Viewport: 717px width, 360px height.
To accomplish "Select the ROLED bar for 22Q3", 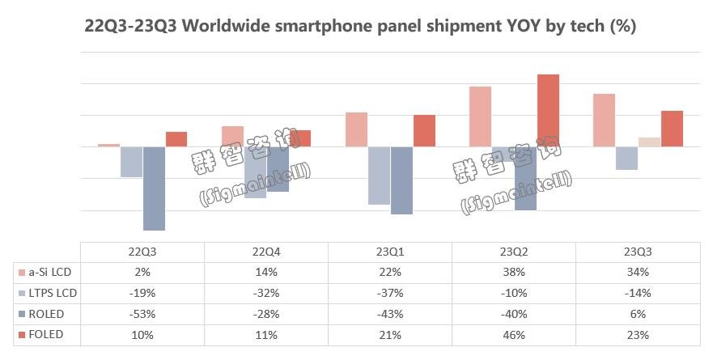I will [x=154, y=188].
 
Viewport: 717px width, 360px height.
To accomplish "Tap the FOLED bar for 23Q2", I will [x=548, y=111].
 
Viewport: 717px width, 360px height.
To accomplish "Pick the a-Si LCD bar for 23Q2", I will [x=480, y=116].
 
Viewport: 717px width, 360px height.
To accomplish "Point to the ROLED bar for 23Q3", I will [x=649, y=142].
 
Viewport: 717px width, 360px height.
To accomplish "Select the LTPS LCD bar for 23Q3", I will [x=626, y=159].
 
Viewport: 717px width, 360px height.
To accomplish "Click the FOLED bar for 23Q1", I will [x=424, y=131].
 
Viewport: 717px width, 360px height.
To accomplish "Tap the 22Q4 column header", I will [x=265, y=251].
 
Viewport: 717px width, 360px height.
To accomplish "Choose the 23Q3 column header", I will [x=637, y=251].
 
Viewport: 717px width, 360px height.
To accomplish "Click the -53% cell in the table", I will [x=142, y=314].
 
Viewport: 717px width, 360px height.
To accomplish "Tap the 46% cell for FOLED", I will [x=513, y=334].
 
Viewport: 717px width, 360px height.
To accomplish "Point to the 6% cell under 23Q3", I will [x=637, y=314].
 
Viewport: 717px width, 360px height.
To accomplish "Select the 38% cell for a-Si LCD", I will [x=513, y=272].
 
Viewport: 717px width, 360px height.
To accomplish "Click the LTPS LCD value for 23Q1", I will [x=389, y=293].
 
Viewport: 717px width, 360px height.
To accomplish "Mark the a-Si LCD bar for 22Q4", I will [x=232, y=137].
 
